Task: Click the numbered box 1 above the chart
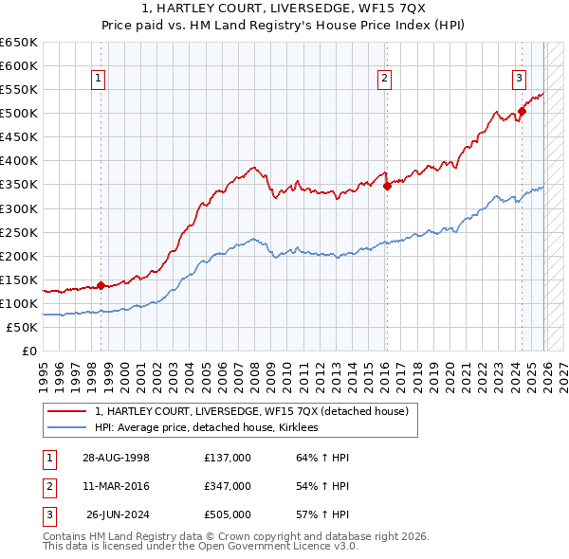pos(100,80)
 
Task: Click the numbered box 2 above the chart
pos(385,80)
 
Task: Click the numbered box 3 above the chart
pos(520,80)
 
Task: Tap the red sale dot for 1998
pos(101,285)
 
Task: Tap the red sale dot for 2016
pos(387,186)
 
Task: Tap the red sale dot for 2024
pos(522,111)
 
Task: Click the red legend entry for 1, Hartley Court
pos(251,411)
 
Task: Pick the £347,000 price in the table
pos(228,486)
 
